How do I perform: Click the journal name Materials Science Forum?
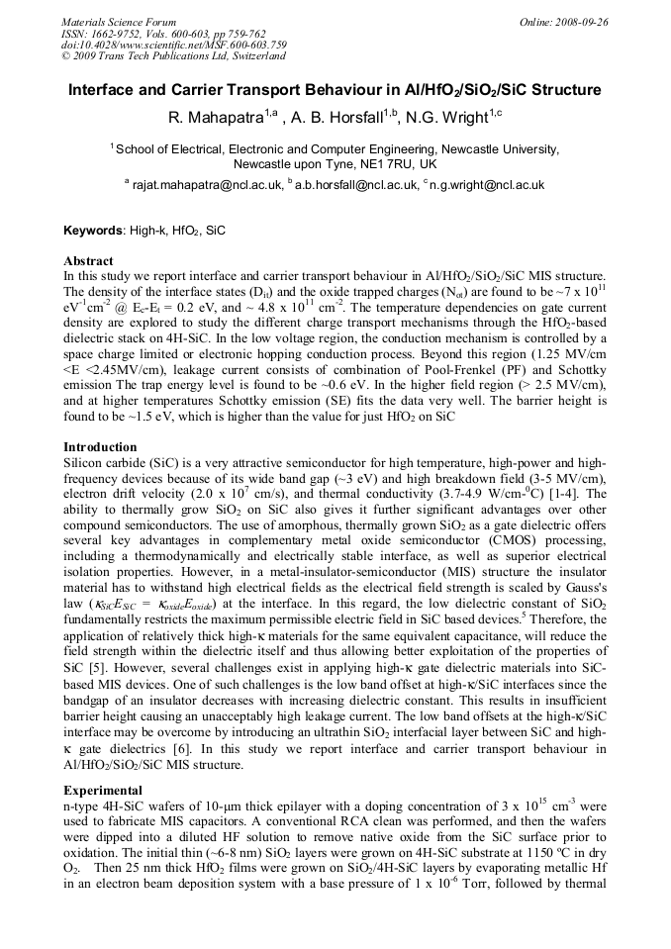click(119, 22)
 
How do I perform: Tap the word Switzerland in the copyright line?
click(256, 57)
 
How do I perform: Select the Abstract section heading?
click(88, 261)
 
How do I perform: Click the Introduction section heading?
click(100, 447)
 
